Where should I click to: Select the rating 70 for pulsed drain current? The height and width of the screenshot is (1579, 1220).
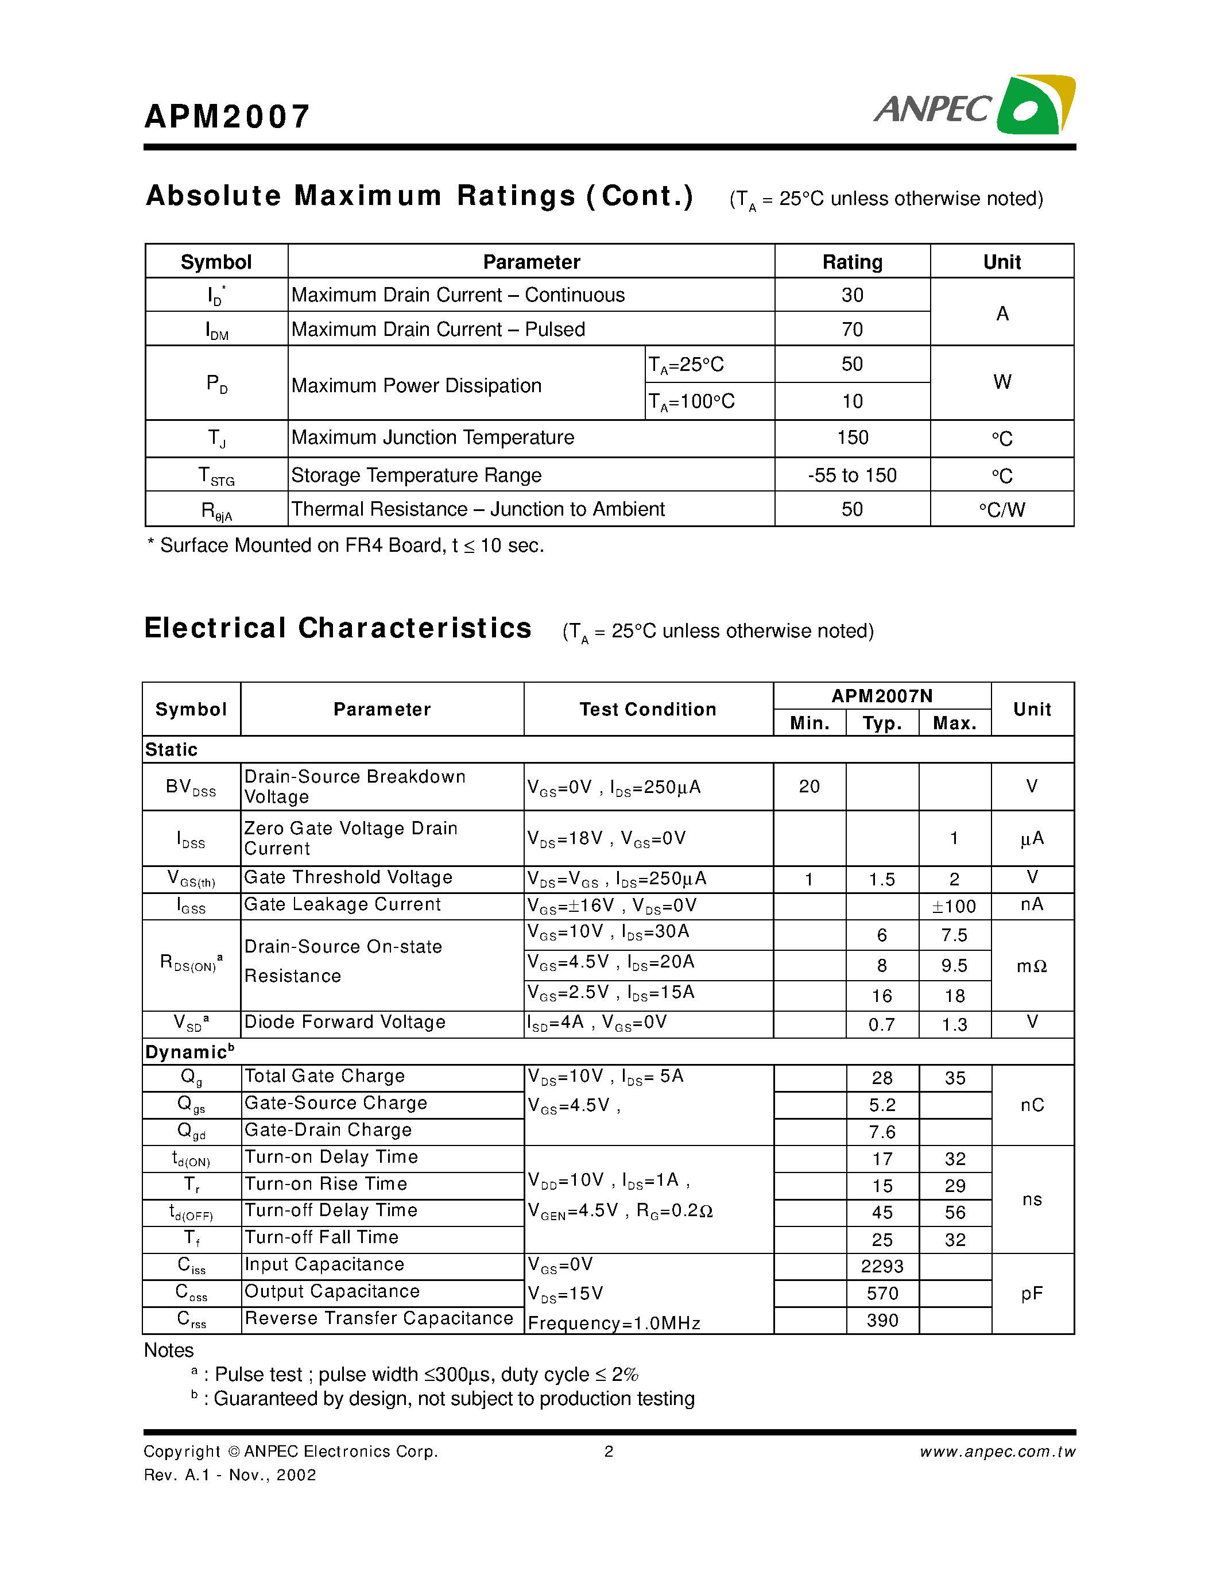[851, 330]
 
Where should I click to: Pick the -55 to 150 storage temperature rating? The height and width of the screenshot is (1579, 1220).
[851, 475]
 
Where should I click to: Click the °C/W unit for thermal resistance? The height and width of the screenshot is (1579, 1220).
[1001, 510]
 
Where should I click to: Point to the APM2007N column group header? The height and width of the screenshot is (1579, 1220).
[881, 695]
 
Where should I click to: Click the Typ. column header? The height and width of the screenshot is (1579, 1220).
[882, 723]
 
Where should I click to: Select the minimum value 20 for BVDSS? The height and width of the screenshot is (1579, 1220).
[809, 787]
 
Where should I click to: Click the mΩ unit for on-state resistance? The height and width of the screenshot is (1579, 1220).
[1031, 966]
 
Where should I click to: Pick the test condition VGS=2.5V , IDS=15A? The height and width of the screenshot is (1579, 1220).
[611, 993]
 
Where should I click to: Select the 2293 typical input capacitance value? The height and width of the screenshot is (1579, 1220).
[882, 1266]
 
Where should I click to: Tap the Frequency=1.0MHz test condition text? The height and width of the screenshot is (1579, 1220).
[614, 1323]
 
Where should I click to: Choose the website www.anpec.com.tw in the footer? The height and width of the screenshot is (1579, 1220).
[997, 1452]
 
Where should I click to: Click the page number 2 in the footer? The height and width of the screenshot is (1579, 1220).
[609, 1451]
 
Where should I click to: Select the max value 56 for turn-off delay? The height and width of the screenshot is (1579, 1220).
[954, 1213]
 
